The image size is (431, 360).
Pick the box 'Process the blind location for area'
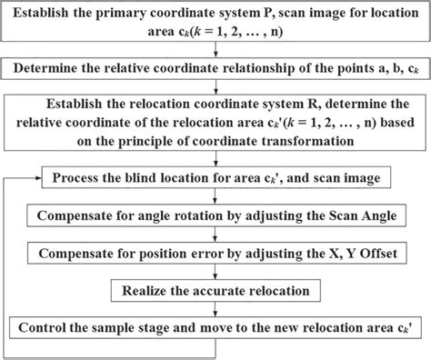pyautogui.click(x=215, y=175)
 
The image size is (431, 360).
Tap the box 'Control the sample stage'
pyautogui.click(x=215, y=327)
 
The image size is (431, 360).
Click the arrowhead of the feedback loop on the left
pyautogui.click(x=34, y=175)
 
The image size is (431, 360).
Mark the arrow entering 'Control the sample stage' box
pyautogui.click(x=215, y=309)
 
